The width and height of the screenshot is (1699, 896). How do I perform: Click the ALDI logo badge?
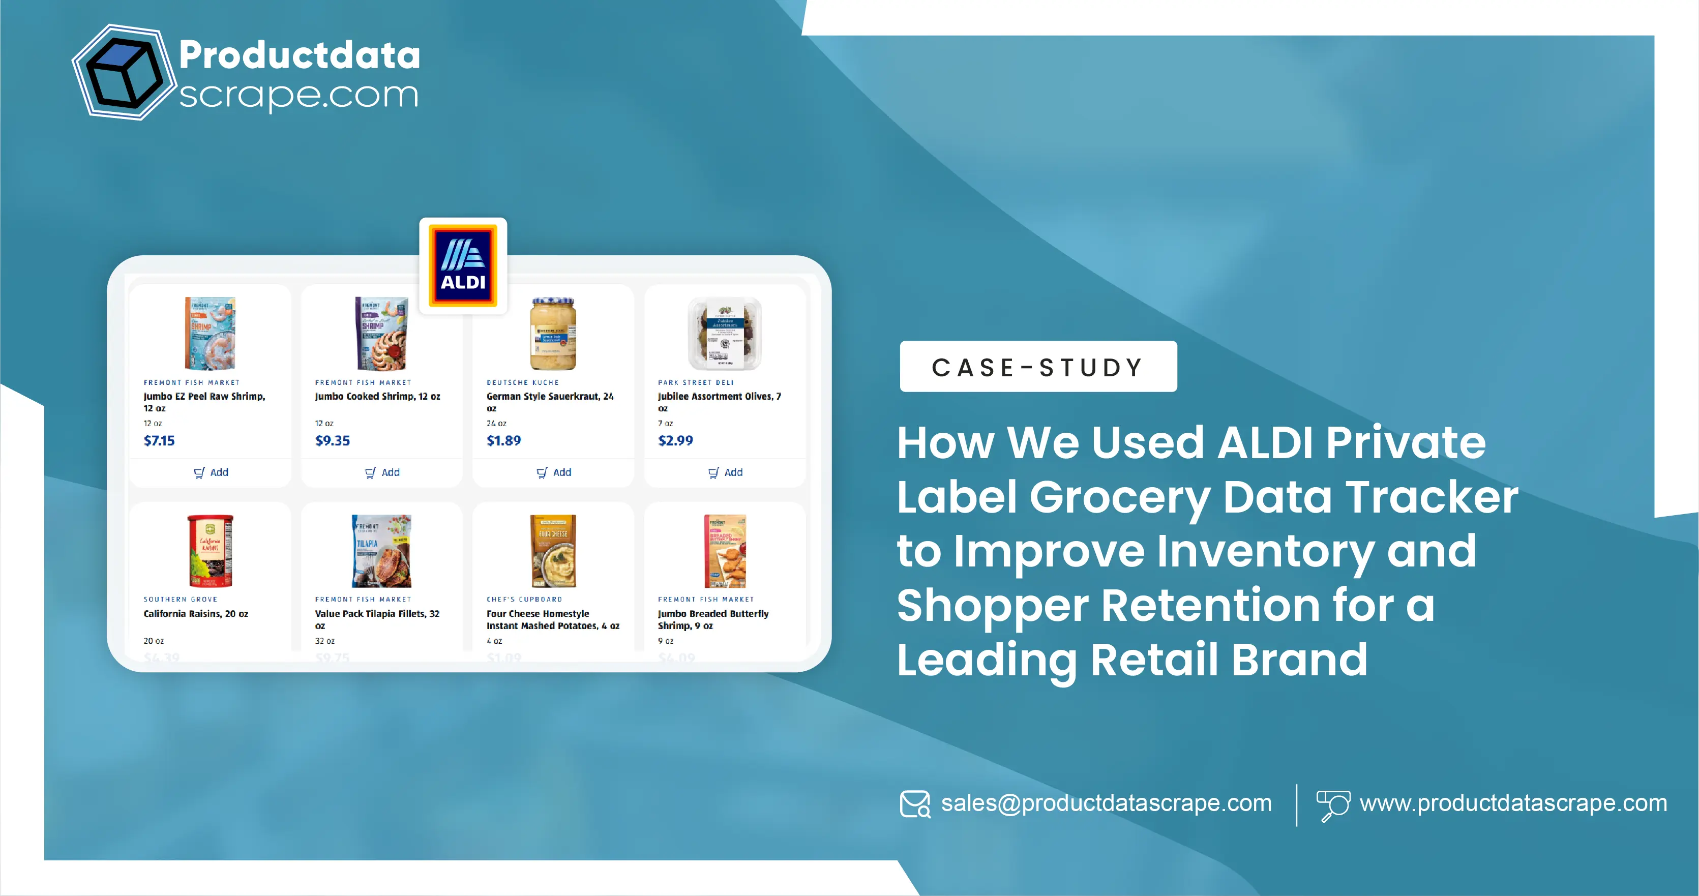coord(463,265)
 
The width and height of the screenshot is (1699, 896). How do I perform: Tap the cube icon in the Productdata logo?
coord(124,73)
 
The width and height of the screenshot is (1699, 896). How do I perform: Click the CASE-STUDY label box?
coord(1037,367)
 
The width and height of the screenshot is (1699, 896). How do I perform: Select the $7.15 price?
coord(159,440)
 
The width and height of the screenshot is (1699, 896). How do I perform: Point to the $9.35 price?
coord(333,440)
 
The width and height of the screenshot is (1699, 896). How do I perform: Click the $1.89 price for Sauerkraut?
coord(503,440)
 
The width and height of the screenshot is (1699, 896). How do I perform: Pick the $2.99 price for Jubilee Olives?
coord(675,440)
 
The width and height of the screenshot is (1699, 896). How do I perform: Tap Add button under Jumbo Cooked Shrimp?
coord(382,472)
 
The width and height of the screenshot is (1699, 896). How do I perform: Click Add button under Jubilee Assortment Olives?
coord(726,472)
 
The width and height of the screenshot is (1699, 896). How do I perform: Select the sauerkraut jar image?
coord(553,333)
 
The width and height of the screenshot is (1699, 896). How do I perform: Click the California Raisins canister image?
coord(210,551)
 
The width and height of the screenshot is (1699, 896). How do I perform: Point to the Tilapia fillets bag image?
coord(381,551)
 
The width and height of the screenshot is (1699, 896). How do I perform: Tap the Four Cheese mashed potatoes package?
coord(553,551)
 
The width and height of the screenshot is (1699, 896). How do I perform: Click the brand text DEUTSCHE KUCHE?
coord(522,382)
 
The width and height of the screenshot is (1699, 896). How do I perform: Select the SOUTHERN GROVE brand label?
coord(180,600)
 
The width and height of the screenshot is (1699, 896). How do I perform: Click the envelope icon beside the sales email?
coord(915,803)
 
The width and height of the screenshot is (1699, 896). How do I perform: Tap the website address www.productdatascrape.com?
coord(1513,803)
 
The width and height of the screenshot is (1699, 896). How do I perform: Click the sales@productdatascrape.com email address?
coord(1106,803)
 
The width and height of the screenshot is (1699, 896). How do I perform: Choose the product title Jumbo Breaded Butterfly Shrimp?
coord(712,619)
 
